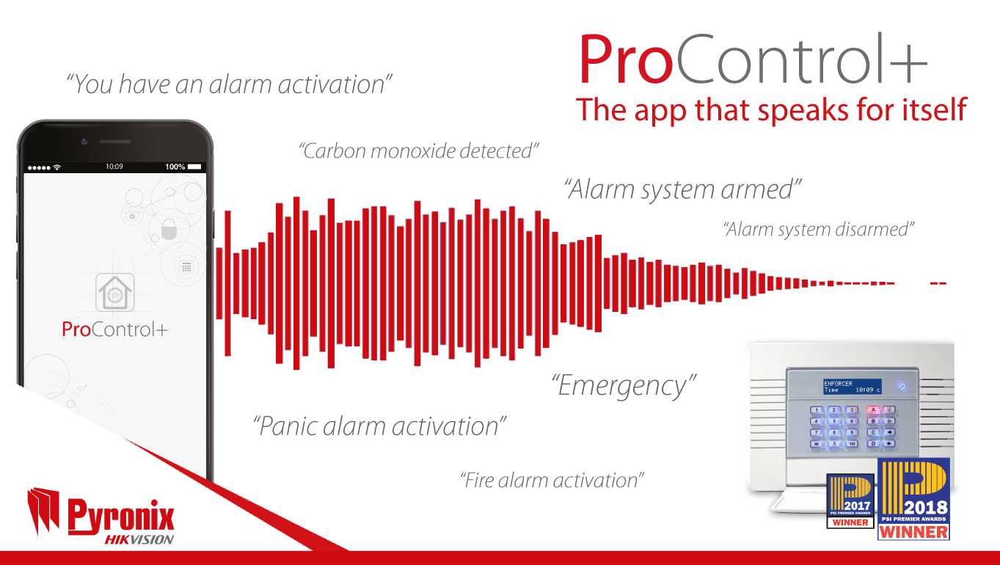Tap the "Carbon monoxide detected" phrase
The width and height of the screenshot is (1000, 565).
[x=419, y=151]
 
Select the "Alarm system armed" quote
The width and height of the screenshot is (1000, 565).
[x=682, y=189]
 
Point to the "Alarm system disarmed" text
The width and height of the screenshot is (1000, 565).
[x=819, y=229]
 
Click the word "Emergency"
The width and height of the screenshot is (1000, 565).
[x=623, y=385]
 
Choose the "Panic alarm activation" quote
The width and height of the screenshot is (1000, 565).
[x=379, y=426]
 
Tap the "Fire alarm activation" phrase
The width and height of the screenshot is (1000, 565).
[x=552, y=481]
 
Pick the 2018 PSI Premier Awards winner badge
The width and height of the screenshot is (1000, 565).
[x=913, y=500]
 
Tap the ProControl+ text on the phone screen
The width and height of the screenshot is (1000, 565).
[x=115, y=330]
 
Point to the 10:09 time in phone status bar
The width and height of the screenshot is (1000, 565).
[x=114, y=167]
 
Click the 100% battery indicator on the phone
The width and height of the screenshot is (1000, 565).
[x=184, y=167]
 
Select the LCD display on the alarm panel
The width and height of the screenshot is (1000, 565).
[x=851, y=387]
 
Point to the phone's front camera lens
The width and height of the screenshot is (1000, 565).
[x=85, y=141]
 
